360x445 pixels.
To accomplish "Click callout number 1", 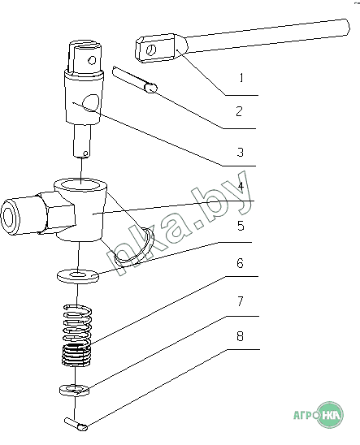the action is (241, 77).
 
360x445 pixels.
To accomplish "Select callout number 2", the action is (240, 111).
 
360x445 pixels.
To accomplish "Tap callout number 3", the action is (241, 152).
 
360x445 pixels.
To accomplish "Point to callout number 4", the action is (241, 187).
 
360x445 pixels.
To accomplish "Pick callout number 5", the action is (241, 226).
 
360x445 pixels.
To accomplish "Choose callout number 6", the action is (241, 263).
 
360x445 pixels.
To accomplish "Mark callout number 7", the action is (241, 301).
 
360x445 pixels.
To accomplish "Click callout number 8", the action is (241, 336).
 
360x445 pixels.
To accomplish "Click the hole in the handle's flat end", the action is (151, 50).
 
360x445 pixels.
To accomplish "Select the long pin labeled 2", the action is (134, 79).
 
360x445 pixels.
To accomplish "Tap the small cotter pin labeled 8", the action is (76, 424).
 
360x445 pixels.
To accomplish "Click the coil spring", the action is (77, 335).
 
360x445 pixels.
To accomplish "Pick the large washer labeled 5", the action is (77, 276).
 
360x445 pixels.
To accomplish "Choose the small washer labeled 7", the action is (74, 390).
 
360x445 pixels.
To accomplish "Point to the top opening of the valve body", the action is (82, 186).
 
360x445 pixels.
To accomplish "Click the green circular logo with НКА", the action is (330, 415).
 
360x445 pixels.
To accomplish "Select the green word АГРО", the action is (306, 416).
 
